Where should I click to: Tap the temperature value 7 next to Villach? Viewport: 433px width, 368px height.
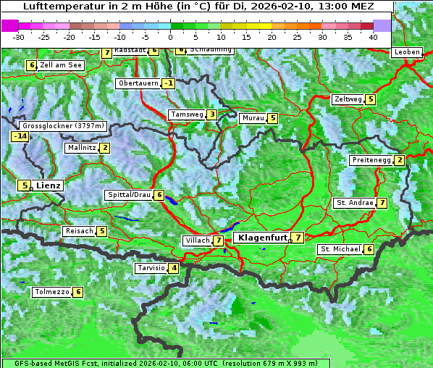point(218,240)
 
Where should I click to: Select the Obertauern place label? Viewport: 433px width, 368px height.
point(138,83)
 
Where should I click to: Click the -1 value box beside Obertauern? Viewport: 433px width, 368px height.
point(168,83)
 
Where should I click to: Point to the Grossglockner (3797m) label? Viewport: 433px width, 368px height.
point(64,125)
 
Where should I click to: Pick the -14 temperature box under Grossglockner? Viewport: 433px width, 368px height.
point(20,136)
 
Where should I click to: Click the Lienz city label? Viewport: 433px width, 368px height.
point(49,185)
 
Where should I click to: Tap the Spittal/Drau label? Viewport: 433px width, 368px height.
point(129,195)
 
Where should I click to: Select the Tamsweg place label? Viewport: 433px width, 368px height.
point(186,114)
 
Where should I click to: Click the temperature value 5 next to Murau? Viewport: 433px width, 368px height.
point(272,118)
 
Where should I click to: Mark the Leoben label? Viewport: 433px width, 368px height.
point(407,52)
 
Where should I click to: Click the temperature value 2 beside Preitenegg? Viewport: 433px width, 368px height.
point(400,160)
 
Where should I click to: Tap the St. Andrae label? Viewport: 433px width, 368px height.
point(354,203)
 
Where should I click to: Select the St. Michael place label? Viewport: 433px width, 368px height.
point(340,249)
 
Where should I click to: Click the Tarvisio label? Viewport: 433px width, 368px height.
point(151,268)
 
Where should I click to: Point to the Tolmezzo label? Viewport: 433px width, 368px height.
point(51,292)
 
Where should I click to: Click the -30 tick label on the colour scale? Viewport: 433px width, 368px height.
point(19,36)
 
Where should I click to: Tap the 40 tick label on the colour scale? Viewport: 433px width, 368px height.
point(372,36)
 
